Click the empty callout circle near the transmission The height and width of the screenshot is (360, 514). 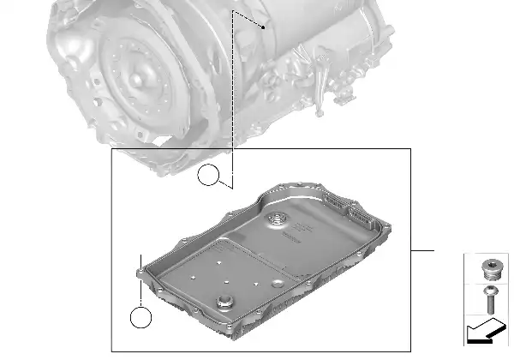coord(209,177)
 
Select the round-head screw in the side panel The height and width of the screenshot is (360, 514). coord(490,299)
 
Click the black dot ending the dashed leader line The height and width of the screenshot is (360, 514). coord(264,27)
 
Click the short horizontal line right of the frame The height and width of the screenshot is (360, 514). coord(422,250)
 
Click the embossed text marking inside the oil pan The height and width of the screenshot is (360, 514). coord(306,230)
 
